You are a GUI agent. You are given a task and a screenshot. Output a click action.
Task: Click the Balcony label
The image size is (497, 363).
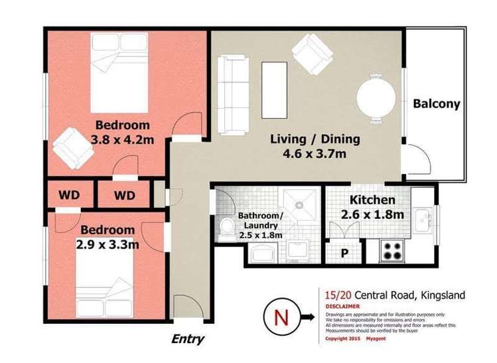pyautogui.click(x=436, y=104)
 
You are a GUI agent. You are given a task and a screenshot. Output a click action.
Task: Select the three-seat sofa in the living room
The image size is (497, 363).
pyautogui.click(x=232, y=93)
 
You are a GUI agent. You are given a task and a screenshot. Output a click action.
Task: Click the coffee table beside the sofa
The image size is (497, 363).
pyautogui.click(x=274, y=89)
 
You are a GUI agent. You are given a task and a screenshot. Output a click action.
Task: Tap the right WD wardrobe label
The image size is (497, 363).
pyautogui.click(x=124, y=196)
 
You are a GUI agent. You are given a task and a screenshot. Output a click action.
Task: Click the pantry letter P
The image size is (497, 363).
pyautogui.click(x=344, y=253)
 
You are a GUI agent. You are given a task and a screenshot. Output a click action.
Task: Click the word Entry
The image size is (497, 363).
pyautogui.click(x=188, y=339)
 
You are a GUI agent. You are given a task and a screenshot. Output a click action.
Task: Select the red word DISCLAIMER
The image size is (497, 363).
pyautogui.click(x=343, y=307)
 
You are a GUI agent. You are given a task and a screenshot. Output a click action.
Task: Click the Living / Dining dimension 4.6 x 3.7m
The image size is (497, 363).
pyautogui.click(x=315, y=155)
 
